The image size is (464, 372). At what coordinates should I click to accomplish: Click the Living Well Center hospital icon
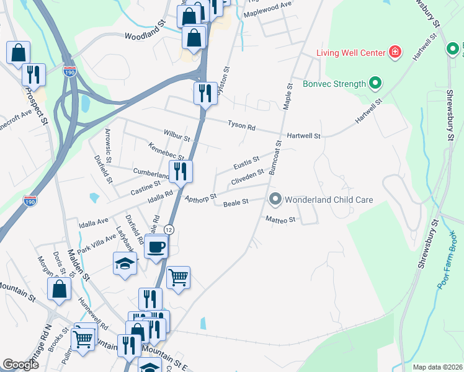tap(394, 51)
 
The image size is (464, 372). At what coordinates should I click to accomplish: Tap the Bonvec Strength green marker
tap(375, 82)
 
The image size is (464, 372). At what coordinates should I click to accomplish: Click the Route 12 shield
tap(169, 229)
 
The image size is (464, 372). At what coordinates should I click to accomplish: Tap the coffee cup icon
tap(156, 247)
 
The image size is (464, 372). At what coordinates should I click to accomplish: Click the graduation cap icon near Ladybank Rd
tap(125, 263)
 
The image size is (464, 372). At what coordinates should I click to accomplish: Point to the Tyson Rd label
tap(241, 126)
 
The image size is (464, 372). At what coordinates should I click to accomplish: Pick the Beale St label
tap(236, 202)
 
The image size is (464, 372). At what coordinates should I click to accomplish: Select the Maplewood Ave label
tap(267, 13)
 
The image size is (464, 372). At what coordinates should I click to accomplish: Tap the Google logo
tap(20, 365)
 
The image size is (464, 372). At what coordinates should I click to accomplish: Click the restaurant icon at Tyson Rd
tap(205, 94)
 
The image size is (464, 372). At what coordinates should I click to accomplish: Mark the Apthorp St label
tap(200, 198)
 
